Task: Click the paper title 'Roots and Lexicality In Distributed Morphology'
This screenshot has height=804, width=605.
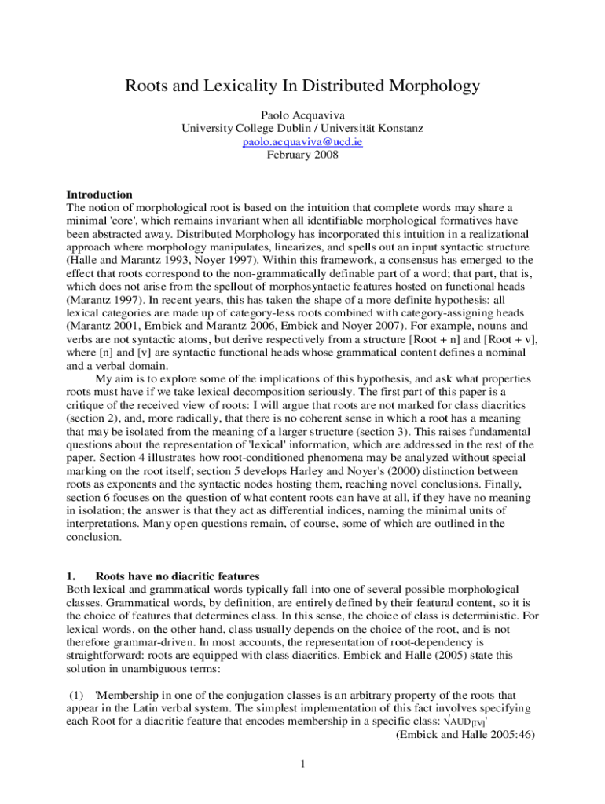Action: click(302, 86)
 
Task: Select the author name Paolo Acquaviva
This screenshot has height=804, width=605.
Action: click(302, 114)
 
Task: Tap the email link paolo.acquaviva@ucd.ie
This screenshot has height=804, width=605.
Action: click(302, 142)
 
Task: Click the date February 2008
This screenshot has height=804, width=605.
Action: click(302, 155)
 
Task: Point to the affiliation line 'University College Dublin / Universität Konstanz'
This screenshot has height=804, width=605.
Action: click(302, 128)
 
